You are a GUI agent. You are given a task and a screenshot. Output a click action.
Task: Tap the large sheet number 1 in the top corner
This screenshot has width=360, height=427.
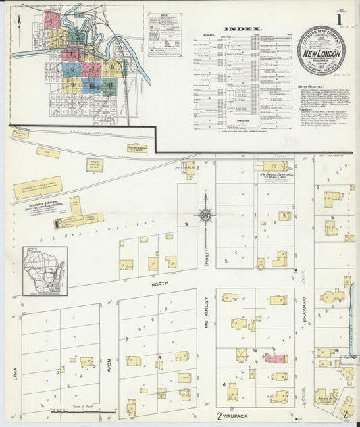(349, 13)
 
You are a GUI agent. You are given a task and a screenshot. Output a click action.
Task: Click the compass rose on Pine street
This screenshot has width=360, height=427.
(205, 216)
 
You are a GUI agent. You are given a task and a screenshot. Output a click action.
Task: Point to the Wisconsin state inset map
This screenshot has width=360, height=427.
(45, 271)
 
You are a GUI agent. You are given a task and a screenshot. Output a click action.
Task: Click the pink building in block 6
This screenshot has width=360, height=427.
(275, 358)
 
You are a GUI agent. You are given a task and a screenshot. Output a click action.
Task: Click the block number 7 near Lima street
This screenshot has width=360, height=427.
(59, 371)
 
